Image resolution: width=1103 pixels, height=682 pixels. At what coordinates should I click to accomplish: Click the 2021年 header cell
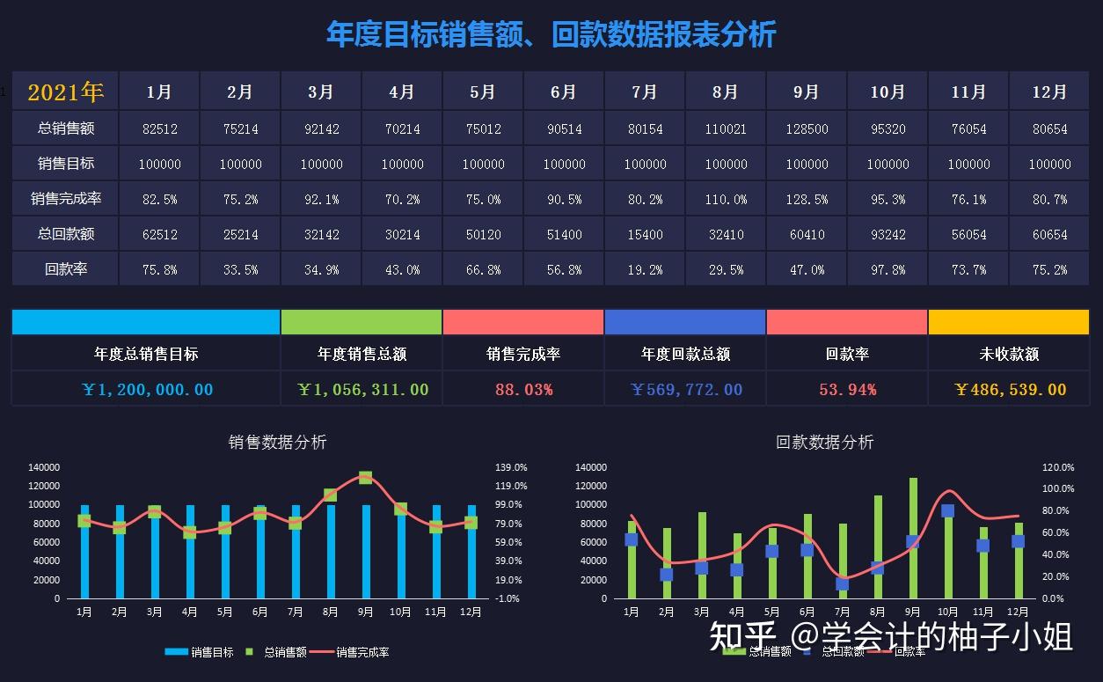[x=66, y=92]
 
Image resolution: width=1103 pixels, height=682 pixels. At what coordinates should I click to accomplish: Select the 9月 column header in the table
[x=807, y=92]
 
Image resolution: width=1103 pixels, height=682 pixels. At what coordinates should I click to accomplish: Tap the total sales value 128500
[x=807, y=128]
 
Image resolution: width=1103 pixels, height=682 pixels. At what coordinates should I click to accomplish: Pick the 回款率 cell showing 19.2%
[x=645, y=270]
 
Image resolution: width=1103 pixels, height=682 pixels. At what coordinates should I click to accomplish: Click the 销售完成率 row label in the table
[x=66, y=199]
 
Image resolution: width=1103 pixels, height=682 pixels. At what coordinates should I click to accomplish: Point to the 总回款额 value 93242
[x=888, y=235]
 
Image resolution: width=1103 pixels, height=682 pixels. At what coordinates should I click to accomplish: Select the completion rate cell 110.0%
[x=726, y=200]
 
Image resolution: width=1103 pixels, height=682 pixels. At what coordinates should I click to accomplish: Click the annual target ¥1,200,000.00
[x=146, y=389]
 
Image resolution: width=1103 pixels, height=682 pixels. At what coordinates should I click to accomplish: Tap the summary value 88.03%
[x=523, y=389]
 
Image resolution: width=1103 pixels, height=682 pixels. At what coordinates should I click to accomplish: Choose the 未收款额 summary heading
[x=1009, y=354]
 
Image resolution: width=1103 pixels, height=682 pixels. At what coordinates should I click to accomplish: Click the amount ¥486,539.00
[x=1009, y=389]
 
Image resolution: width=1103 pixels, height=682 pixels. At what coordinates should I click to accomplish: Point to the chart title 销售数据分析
[x=277, y=442]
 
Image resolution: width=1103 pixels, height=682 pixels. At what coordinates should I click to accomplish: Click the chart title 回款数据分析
[x=824, y=442]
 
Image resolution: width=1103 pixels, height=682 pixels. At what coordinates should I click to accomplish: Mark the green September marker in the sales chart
[x=365, y=478]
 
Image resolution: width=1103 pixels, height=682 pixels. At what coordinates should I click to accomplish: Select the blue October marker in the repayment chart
[x=947, y=510]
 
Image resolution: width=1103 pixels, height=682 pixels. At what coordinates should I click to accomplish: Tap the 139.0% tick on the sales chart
[x=511, y=467]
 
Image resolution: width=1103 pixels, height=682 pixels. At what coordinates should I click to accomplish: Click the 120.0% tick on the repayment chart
[x=1058, y=467]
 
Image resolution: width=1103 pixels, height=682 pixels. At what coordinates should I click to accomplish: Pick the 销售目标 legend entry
[x=200, y=652]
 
